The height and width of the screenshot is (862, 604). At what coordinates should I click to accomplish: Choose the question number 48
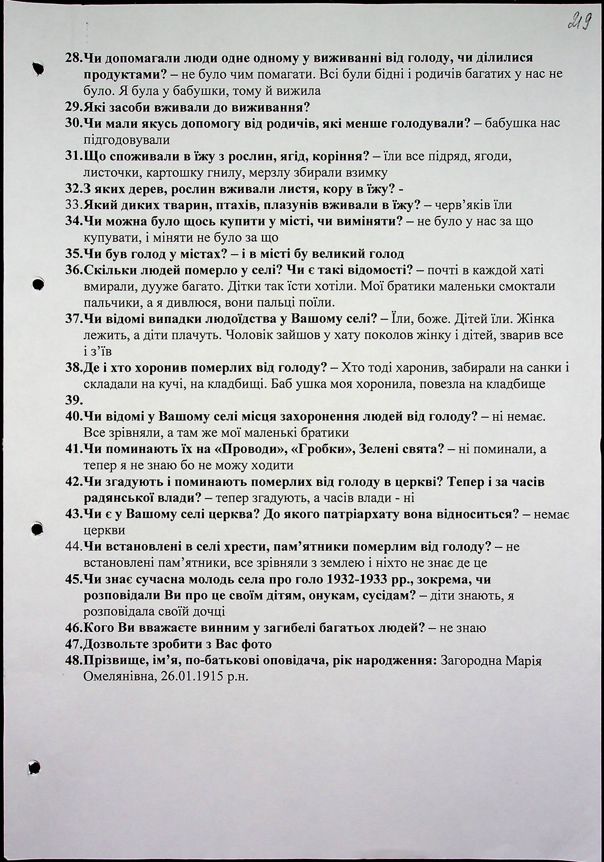pos(73,661)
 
